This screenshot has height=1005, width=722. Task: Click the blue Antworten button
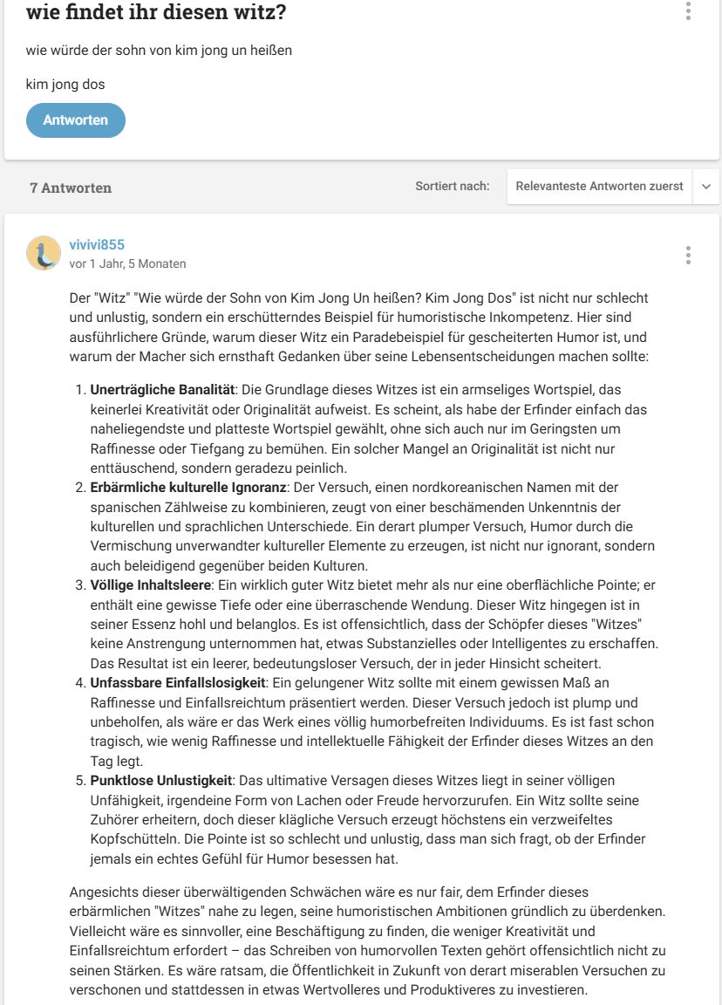[x=76, y=120]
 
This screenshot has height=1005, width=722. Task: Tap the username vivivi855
[x=97, y=244]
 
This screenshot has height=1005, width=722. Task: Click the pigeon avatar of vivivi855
[x=44, y=253]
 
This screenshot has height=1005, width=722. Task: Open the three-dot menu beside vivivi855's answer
[x=688, y=255]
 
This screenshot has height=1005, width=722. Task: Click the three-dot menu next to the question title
[x=688, y=11]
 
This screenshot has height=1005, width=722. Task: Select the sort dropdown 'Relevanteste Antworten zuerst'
[x=599, y=187]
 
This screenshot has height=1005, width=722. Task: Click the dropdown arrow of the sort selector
[x=705, y=187]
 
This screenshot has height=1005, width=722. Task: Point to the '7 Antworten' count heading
[x=71, y=188]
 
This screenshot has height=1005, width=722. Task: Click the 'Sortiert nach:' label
[x=453, y=186]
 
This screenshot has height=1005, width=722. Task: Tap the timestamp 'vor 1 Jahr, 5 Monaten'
[x=127, y=263]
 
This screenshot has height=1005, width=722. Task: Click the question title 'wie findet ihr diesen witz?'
[x=156, y=13]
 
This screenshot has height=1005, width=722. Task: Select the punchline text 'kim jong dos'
[x=65, y=85]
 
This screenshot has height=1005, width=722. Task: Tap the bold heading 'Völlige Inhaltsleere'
[x=151, y=585]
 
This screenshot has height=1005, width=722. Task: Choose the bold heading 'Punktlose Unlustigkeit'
[x=161, y=780]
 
